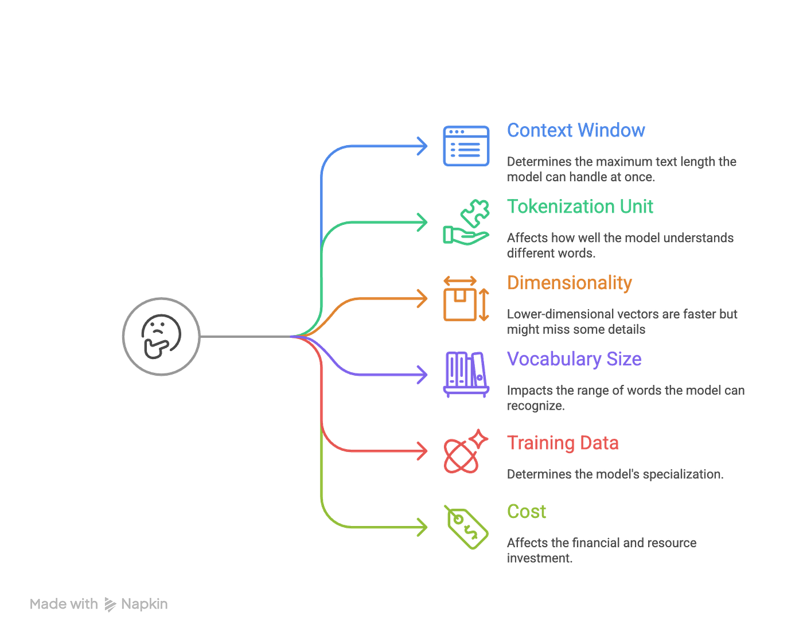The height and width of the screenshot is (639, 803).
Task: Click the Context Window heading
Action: [575, 131]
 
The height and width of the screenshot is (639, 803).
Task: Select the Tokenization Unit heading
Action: [579, 206]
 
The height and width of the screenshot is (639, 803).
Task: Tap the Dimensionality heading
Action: [570, 283]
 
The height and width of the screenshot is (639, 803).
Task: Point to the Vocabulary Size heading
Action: [574, 359]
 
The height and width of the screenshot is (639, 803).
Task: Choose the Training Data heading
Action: [563, 443]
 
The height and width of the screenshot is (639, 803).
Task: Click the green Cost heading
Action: [526, 511]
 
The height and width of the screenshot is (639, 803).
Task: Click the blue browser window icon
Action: [466, 146]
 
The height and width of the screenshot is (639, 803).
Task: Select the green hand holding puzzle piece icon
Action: [466, 223]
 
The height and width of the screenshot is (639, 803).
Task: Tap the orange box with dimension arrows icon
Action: [466, 299]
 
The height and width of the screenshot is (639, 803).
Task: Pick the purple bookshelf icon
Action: [466, 375]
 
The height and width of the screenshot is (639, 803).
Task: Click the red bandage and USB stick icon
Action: [465, 451]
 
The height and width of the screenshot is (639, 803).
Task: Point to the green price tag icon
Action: [466, 528]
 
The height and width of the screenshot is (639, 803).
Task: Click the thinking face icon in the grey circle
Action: [161, 337]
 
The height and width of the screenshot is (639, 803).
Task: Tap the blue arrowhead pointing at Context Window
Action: [423, 146]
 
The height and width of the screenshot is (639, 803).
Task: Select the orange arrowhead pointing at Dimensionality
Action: [423, 299]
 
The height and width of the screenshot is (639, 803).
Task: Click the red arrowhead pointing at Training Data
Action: [423, 451]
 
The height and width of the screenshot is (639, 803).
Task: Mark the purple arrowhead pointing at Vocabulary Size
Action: [423, 375]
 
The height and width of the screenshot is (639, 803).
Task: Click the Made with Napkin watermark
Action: [99, 604]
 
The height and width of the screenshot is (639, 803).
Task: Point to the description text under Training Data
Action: [614, 474]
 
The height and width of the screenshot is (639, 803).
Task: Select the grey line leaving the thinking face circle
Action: [247, 337]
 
